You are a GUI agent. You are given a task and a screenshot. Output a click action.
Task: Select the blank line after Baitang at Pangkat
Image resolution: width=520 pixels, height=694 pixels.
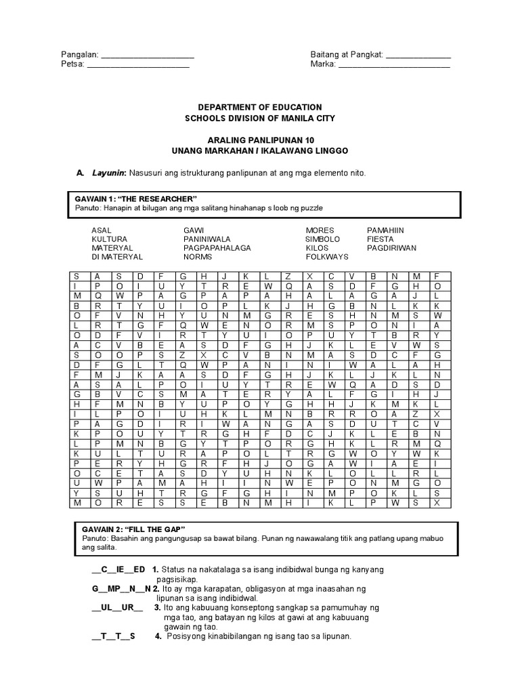coord(418,56)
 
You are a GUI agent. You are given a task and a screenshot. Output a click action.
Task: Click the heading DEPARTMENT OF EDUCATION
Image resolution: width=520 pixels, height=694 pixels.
coord(260,108)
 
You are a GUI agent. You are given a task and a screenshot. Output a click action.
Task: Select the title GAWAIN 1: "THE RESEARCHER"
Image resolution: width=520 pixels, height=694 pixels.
coord(135,198)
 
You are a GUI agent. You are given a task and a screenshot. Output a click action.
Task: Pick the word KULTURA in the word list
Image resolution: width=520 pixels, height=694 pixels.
coord(108,239)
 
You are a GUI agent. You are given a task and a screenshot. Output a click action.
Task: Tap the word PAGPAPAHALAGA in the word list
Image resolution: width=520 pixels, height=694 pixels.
coord(217,248)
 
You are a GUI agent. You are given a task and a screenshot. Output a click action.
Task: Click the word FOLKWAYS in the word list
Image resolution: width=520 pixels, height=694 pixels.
coord(327,257)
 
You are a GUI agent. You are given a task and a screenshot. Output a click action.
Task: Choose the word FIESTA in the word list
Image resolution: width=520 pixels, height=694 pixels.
coord(380,239)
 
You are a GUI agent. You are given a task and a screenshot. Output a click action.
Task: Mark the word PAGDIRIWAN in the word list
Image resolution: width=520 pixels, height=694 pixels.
coord(391,248)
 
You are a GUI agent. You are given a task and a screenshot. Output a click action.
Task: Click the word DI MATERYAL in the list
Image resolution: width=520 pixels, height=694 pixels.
coord(117,257)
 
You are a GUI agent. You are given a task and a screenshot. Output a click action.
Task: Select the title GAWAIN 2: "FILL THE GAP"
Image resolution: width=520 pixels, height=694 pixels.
coord(130,528)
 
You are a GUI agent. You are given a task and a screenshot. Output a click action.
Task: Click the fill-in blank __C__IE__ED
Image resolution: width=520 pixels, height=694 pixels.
coord(118,569)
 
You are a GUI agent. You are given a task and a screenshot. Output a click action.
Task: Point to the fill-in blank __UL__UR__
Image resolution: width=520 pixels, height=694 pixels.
coord(117,607)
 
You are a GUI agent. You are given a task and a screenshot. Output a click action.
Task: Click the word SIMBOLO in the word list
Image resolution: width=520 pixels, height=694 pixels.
coord(322,239)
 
